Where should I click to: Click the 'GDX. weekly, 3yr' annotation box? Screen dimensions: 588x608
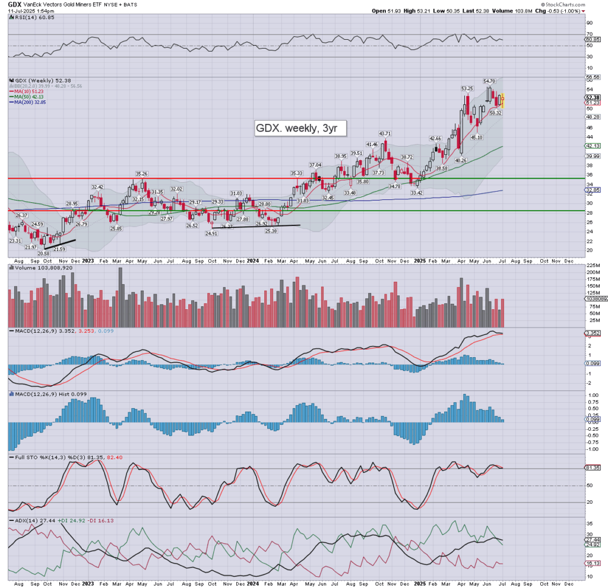click(x=299, y=128)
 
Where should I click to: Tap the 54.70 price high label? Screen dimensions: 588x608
click(x=489, y=81)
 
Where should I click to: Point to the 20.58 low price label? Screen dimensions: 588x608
click(x=42, y=253)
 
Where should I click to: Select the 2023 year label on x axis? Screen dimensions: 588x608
click(x=87, y=260)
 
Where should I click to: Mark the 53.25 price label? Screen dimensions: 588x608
click(x=467, y=88)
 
